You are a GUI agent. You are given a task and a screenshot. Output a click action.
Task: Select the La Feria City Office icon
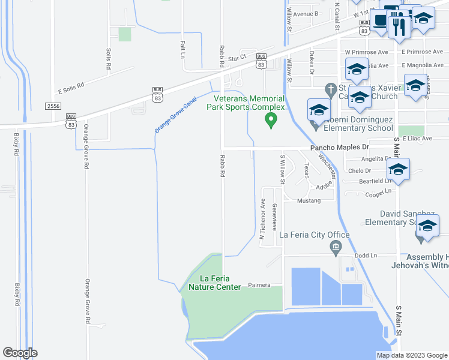tap(336, 247)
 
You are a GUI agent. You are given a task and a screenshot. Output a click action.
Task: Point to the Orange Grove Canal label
tap(175, 116)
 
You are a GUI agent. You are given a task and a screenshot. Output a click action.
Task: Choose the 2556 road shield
tap(53, 106)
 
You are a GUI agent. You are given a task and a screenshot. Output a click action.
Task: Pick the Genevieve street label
tap(274, 217)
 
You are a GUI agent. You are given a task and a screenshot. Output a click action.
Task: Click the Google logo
tap(20, 353)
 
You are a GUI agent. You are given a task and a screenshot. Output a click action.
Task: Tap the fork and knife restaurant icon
tap(399, 26)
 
